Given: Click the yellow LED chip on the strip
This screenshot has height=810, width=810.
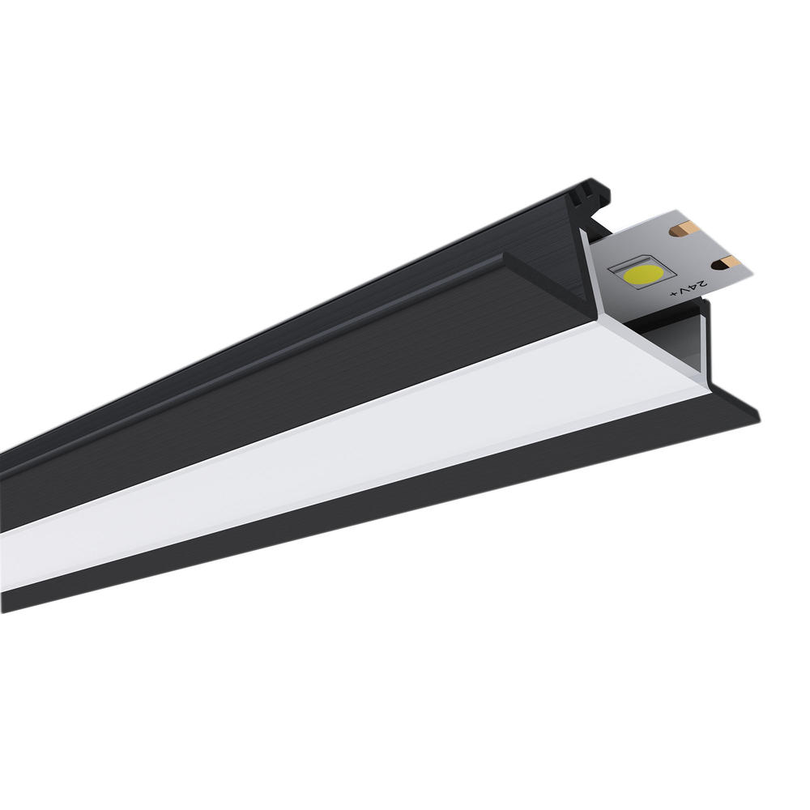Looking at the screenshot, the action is pos(642,273).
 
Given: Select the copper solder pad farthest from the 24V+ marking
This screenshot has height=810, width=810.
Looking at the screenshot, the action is pos(685,228).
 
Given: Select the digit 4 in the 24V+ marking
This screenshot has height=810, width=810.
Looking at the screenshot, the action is pos(693,288).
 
